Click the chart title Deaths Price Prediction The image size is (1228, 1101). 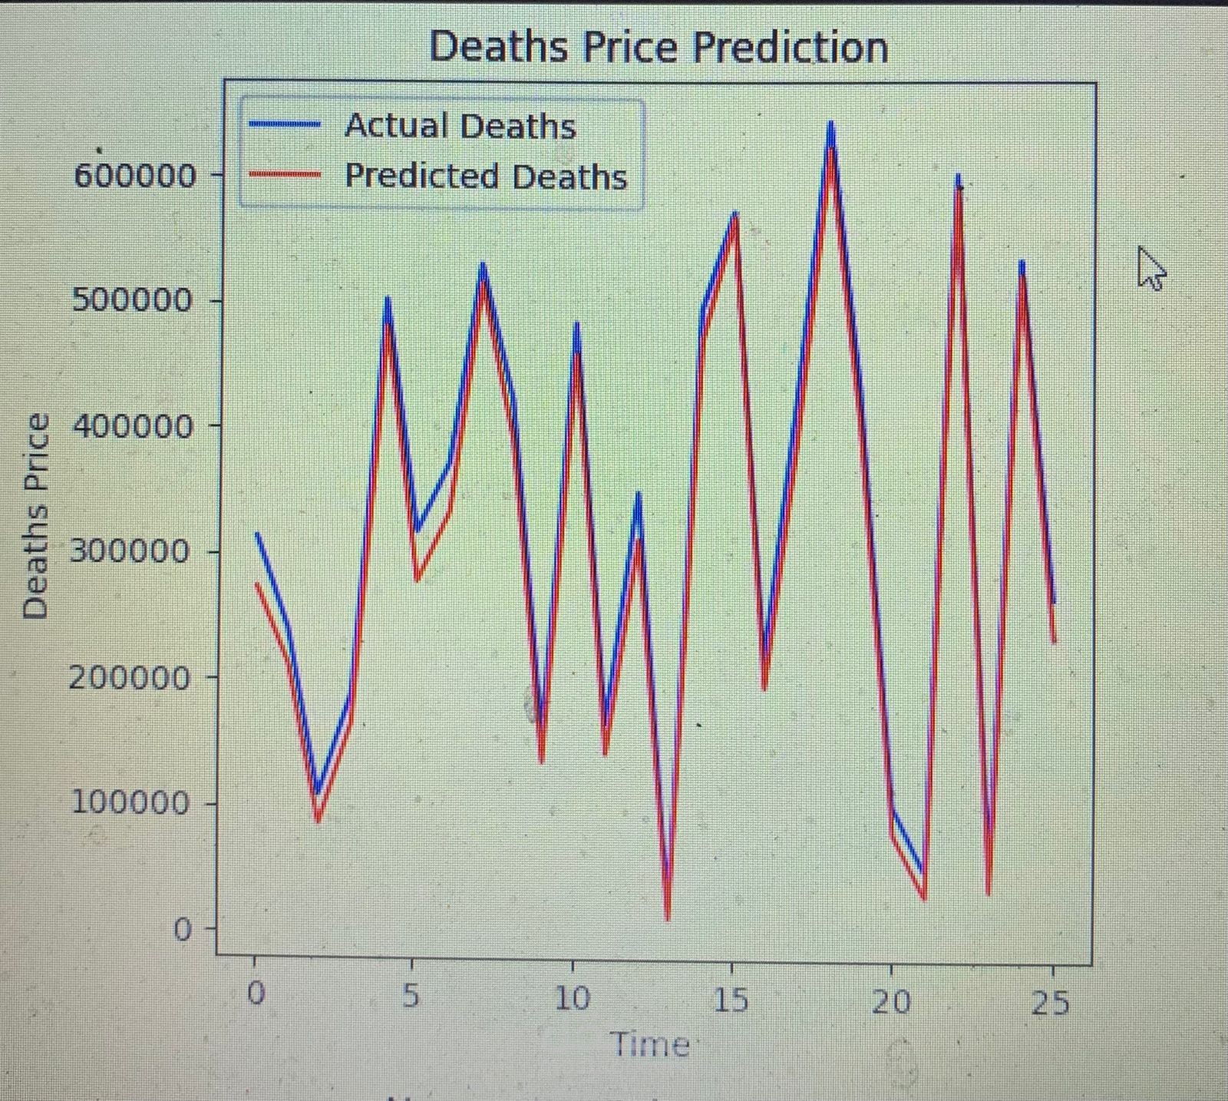659,48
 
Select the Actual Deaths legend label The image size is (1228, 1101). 460,126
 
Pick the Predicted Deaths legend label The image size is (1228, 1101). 486,176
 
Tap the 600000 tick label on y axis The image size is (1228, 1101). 135,176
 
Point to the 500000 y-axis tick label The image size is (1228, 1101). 132,299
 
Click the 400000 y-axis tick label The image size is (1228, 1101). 132,425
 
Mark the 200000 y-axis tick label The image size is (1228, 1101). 130,677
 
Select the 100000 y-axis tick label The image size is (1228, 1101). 130,803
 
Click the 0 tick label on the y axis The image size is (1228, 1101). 182,930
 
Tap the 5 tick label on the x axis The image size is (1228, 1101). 411,997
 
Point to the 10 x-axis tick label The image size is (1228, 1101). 572,998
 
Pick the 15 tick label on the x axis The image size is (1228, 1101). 731,1000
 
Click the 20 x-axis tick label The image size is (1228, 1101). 891,1001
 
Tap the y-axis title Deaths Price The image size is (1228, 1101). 36,516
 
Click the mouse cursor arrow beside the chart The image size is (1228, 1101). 1150,268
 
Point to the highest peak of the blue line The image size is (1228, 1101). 830,123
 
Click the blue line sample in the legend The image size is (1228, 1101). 285,124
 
